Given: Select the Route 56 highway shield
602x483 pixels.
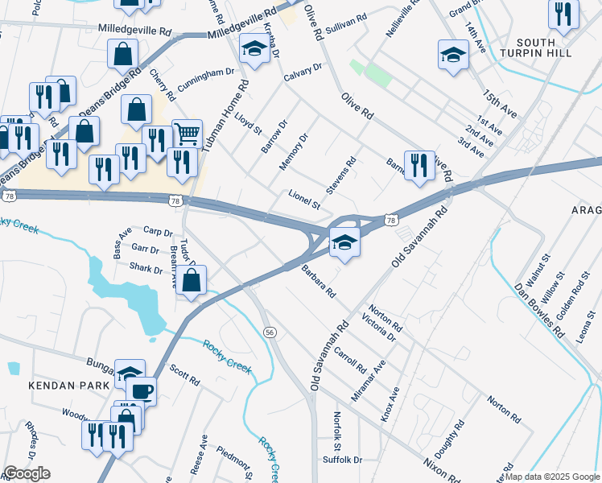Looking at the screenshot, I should pos(270,332).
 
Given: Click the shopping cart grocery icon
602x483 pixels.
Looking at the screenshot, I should pos(187,132).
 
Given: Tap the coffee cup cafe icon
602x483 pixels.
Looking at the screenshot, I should pos(142,390).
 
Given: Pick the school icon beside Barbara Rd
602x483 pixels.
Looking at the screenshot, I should pos(344,242).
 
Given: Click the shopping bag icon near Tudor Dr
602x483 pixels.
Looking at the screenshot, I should pos(191,281).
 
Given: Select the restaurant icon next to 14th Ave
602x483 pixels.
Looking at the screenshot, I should pos(563,14).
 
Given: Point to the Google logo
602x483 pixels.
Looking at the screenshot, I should pos(27,473).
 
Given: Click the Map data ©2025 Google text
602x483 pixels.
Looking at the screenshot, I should pos(552,477).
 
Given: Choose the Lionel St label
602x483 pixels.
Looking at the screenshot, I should pos(305,200).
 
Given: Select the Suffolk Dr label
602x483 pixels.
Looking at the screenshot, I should pos(342,460).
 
